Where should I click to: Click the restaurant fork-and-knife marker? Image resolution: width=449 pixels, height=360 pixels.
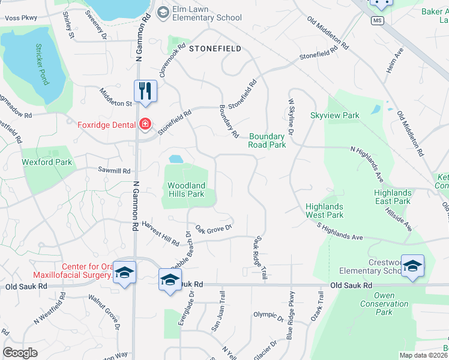[145, 91]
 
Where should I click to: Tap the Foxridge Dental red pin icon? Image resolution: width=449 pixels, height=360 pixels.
[145, 124]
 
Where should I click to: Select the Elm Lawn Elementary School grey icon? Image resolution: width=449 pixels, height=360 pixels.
[163, 13]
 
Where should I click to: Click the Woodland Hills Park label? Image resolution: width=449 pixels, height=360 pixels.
[186, 190]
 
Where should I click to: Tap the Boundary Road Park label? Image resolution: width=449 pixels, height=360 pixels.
[267, 140]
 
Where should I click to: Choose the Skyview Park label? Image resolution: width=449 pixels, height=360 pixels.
[334, 115]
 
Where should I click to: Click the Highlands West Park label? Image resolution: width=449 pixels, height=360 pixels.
[324, 211]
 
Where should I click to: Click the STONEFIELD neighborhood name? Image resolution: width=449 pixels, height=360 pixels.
[215, 49]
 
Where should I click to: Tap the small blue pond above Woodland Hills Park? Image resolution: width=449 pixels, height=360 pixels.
[176, 159]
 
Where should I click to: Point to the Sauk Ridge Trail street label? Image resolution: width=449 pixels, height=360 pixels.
[261, 257]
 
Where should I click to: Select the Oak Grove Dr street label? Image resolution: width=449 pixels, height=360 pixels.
[213, 229]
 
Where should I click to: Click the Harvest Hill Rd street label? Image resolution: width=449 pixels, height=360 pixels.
[161, 238]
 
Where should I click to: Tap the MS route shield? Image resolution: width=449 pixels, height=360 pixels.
[376, 20]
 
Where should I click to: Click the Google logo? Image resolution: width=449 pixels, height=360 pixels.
[20, 352]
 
